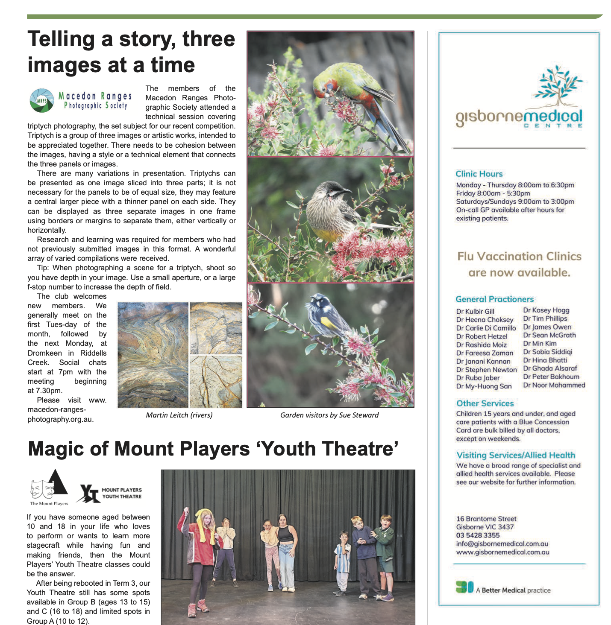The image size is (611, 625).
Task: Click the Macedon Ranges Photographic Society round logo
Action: [x=42, y=100]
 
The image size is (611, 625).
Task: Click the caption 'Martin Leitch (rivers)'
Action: [x=179, y=415]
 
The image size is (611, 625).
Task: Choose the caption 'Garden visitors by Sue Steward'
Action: [x=329, y=415]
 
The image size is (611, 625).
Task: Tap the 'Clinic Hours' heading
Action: [x=479, y=174]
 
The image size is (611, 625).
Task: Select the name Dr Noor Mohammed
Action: [x=554, y=385]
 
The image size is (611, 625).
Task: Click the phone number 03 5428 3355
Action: [x=478, y=535]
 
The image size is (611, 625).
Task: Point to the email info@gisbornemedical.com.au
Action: [x=502, y=544]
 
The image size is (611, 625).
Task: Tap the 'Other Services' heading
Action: [x=485, y=403]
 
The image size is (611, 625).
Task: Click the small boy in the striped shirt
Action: [x=343, y=559]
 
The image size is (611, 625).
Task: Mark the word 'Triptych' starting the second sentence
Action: [x=41, y=136]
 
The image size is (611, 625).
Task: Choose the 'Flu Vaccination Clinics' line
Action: [x=519, y=256]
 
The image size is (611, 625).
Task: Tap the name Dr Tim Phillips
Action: [x=545, y=318]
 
